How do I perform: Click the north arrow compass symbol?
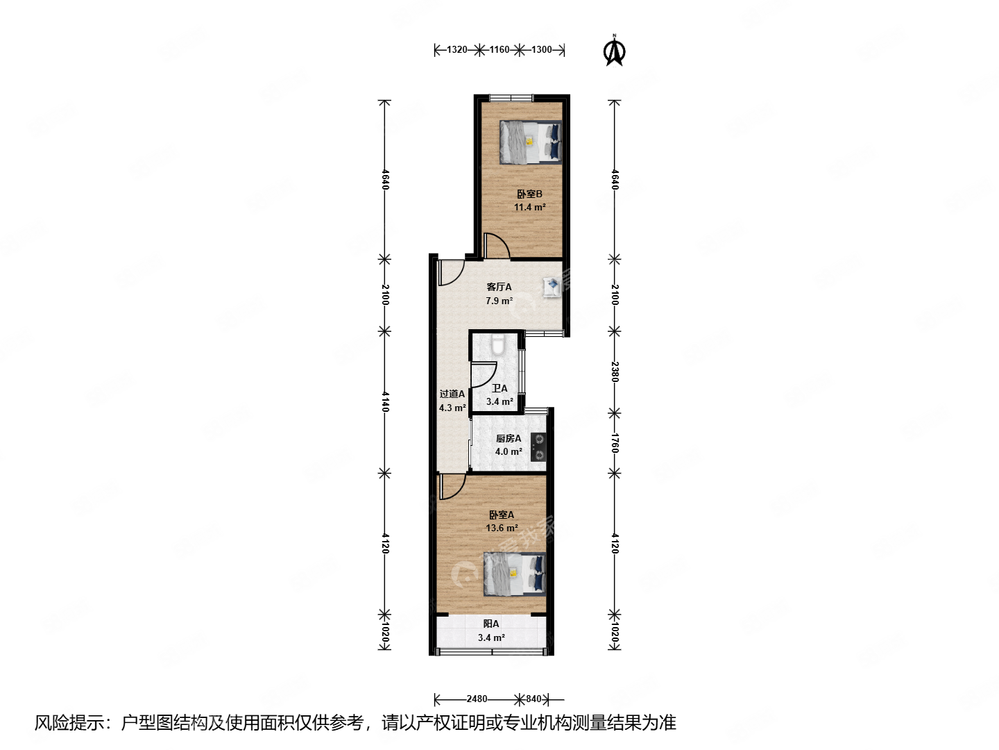coord(614,51)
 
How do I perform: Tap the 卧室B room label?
coord(529,194)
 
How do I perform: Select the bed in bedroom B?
coord(530,142)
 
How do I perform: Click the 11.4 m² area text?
coord(529,207)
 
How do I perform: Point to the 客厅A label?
coord(499,287)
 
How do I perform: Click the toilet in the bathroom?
coord(497,344)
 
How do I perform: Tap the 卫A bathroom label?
coord(499,388)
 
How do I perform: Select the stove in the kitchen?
coord(538,447)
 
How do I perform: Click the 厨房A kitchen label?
coord(509,438)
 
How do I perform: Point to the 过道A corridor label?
coord(452,394)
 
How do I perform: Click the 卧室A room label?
coord(502,515)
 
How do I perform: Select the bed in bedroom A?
coord(514,574)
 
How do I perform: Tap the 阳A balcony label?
coord(491,624)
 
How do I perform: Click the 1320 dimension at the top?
coord(456,49)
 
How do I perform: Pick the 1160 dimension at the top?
coord(499,49)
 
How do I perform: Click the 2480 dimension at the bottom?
coord(477,699)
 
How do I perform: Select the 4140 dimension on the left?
coord(385,401)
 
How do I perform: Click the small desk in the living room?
coord(552,286)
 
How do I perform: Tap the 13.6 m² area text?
coord(502,528)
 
